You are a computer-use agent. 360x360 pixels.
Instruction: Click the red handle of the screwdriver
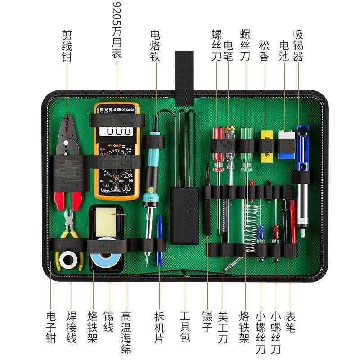pyautogui.click(x=218, y=148)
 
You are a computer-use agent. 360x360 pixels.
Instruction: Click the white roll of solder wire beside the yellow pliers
pyautogui.click(x=69, y=260)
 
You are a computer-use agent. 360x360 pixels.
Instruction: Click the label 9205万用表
pyautogui.click(x=116, y=30)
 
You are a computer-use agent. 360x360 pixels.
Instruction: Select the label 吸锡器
pyautogui.click(x=298, y=45)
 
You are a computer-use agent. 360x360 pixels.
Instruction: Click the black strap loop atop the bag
pyautogui.click(x=184, y=76)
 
